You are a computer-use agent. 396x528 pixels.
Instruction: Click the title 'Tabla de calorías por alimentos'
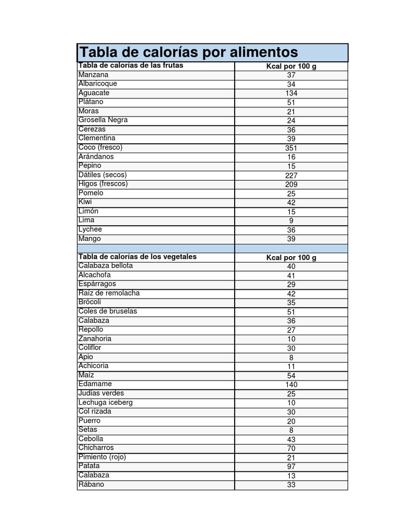point(188,52)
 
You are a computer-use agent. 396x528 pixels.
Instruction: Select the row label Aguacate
point(94,93)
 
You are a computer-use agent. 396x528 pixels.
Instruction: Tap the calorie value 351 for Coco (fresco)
point(291,148)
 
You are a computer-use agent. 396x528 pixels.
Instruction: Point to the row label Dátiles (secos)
point(102,175)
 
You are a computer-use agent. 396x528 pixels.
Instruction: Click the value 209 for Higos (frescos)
point(291,185)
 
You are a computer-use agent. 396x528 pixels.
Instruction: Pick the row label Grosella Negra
point(103,120)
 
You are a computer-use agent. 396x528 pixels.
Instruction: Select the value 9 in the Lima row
point(291,221)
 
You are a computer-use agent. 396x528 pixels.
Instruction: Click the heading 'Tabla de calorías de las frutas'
point(130,65)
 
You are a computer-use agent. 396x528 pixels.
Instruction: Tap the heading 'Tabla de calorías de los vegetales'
point(137,257)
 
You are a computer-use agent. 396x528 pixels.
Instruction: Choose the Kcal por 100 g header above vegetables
point(291,257)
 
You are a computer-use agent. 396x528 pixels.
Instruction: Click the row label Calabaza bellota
point(106,266)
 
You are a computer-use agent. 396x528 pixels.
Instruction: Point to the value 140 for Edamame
point(291,385)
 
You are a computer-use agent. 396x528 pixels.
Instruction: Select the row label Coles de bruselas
point(108,311)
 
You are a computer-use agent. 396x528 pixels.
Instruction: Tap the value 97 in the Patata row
point(291,467)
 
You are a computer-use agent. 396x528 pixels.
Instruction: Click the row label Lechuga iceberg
point(106,403)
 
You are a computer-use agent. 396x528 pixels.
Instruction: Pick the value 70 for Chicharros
point(291,449)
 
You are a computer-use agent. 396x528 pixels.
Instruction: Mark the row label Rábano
point(91,485)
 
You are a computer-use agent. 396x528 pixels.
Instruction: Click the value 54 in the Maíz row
point(291,376)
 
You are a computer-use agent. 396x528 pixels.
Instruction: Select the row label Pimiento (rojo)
point(102,457)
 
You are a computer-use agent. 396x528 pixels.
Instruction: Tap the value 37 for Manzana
point(291,75)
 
